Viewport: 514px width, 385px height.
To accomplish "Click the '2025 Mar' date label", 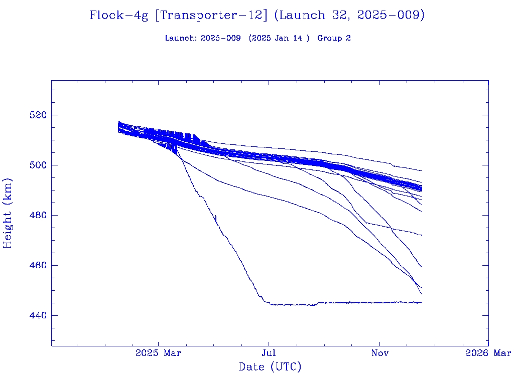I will [158, 353].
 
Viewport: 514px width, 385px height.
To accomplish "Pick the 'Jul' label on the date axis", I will [269, 353].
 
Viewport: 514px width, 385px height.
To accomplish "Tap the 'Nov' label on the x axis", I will [379, 353].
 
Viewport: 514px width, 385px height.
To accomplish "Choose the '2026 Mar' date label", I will [488, 353].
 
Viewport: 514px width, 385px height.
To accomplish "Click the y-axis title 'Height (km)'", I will [8, 213].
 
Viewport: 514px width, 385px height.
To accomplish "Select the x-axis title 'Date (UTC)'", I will [270, 367].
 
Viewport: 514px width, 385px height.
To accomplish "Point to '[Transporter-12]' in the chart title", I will [211, 16].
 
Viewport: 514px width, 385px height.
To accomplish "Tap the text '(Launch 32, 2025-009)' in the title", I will [349, 16].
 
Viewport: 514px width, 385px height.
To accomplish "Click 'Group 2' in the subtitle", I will [334, 39].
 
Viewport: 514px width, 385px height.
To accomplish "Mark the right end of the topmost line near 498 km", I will [421, 171].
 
